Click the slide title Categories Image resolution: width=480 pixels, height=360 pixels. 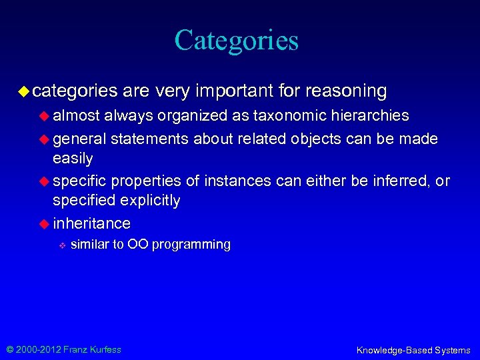pos(237,40)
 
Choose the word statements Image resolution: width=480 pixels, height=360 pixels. pos(150,139)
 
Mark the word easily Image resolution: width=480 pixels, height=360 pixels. pos(73,158)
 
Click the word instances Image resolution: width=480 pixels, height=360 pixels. pos(235,181)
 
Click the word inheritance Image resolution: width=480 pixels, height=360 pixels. pos(92,223)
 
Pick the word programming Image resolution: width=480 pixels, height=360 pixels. pos(191,245)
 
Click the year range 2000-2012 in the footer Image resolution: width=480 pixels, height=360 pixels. pos(37,349)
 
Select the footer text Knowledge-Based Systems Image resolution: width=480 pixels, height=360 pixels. pos(413,350)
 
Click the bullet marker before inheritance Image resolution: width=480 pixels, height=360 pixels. pos(45,223)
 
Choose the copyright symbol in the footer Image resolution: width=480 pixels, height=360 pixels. pos(9,349)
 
